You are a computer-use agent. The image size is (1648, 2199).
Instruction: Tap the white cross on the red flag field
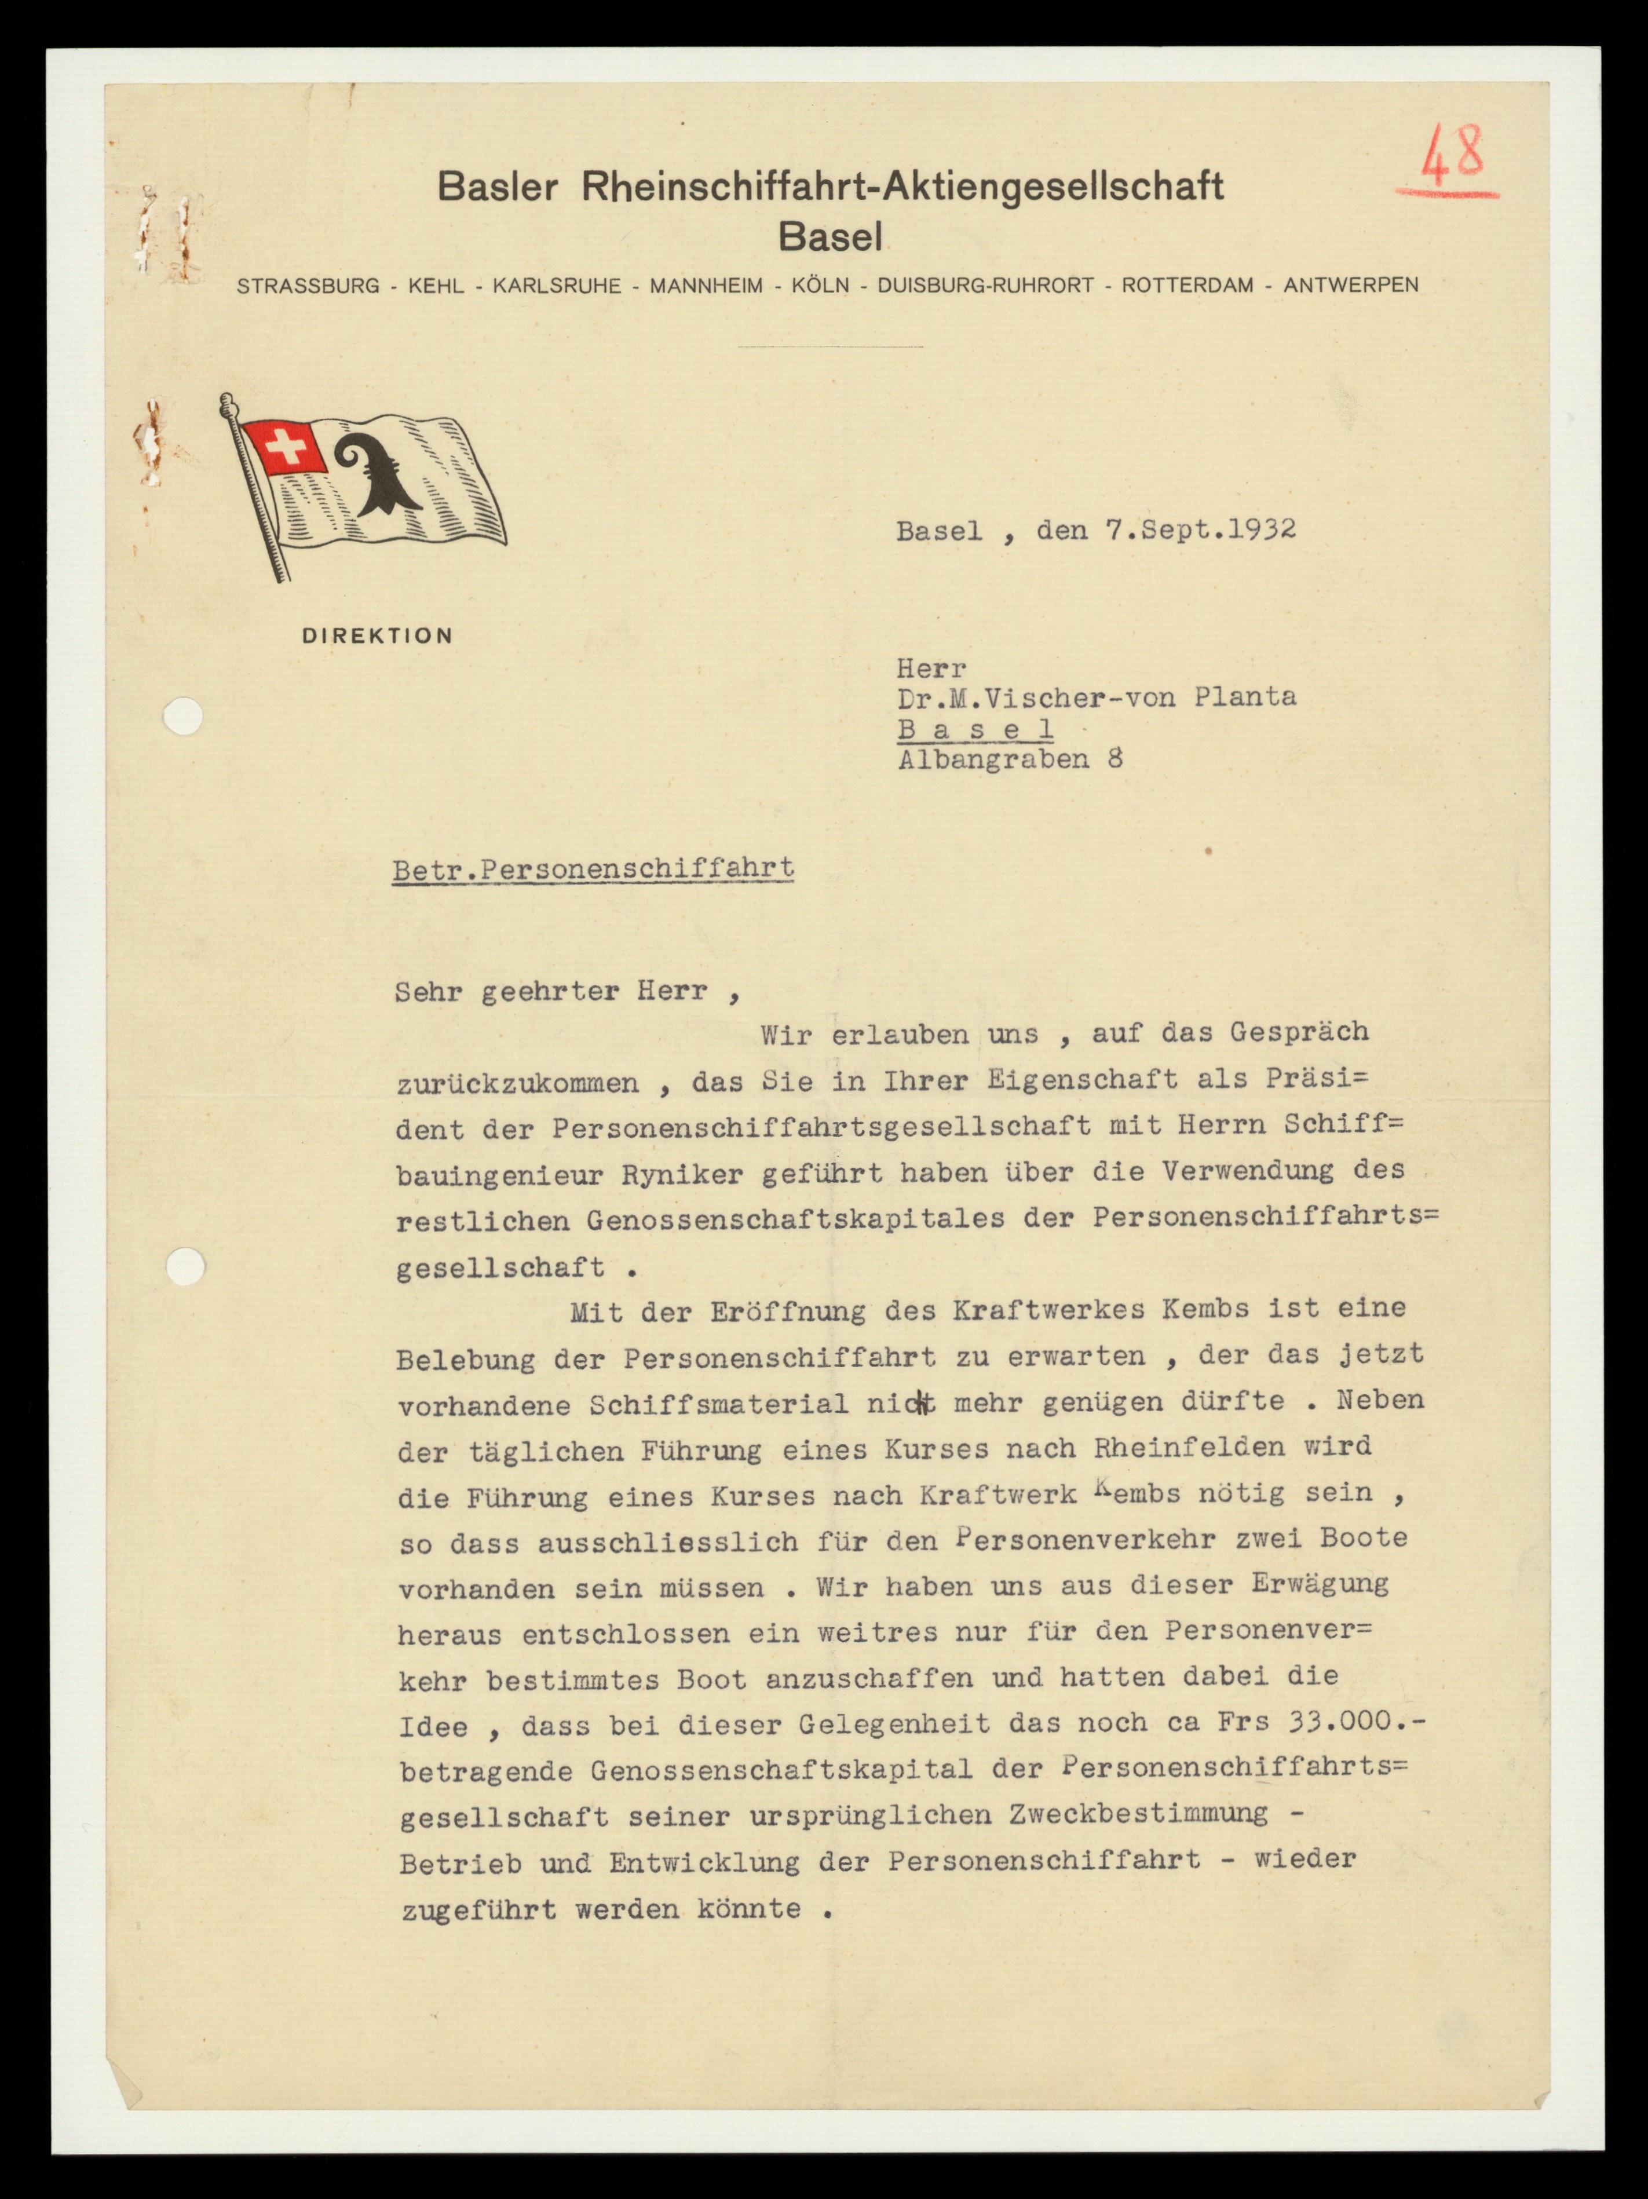(284, 447)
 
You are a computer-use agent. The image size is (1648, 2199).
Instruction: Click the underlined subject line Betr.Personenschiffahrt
(593, 869)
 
